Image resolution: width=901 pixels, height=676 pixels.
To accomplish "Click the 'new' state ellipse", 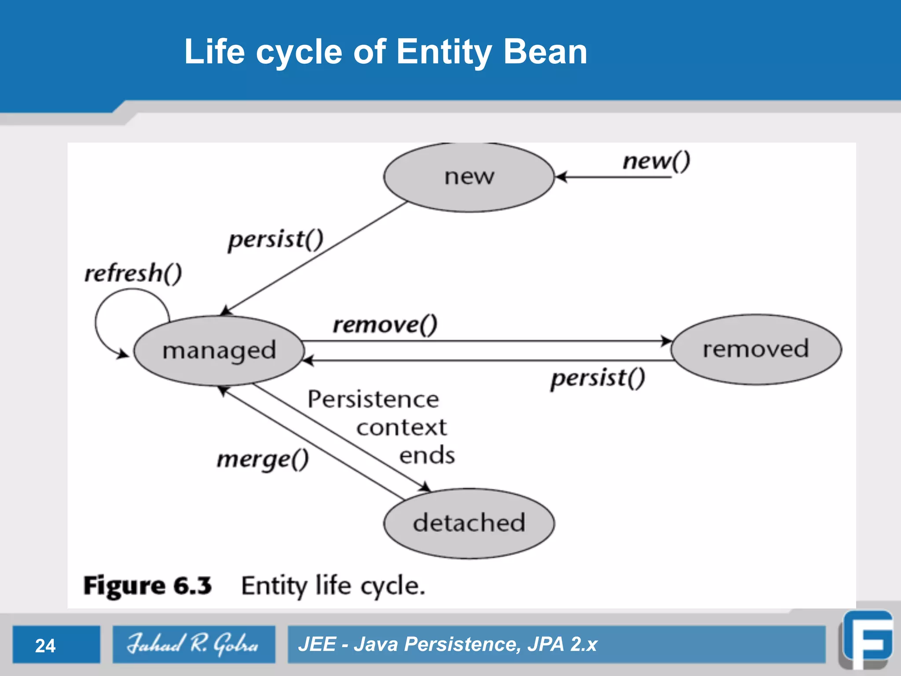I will coord(469,177).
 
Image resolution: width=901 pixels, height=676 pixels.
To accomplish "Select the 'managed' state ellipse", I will coord(219,351).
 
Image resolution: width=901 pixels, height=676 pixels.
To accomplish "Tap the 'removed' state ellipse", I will coord(756,349).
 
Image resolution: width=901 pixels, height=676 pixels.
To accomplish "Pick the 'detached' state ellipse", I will coord(469,523).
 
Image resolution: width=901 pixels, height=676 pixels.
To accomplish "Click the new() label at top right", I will coord(656,161).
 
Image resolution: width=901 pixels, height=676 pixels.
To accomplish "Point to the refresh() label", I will coord(133,273).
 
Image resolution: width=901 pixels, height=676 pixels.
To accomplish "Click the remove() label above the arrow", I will coord(385,325).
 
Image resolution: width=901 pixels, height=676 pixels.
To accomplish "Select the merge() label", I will coord(263,460).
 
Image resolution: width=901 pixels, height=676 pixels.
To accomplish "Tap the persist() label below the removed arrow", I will coord(597,378).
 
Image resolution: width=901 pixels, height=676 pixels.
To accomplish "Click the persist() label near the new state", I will coord(275,240).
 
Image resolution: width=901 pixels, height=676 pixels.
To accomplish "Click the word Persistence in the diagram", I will coord(373,400).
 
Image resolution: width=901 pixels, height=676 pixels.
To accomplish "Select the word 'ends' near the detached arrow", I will coord(427,455).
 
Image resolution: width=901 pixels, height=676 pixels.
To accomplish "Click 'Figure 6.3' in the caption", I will coord(148,586).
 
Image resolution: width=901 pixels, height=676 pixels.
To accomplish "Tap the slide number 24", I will coord(45,646).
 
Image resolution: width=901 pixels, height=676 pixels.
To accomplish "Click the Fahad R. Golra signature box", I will coord(194,644).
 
